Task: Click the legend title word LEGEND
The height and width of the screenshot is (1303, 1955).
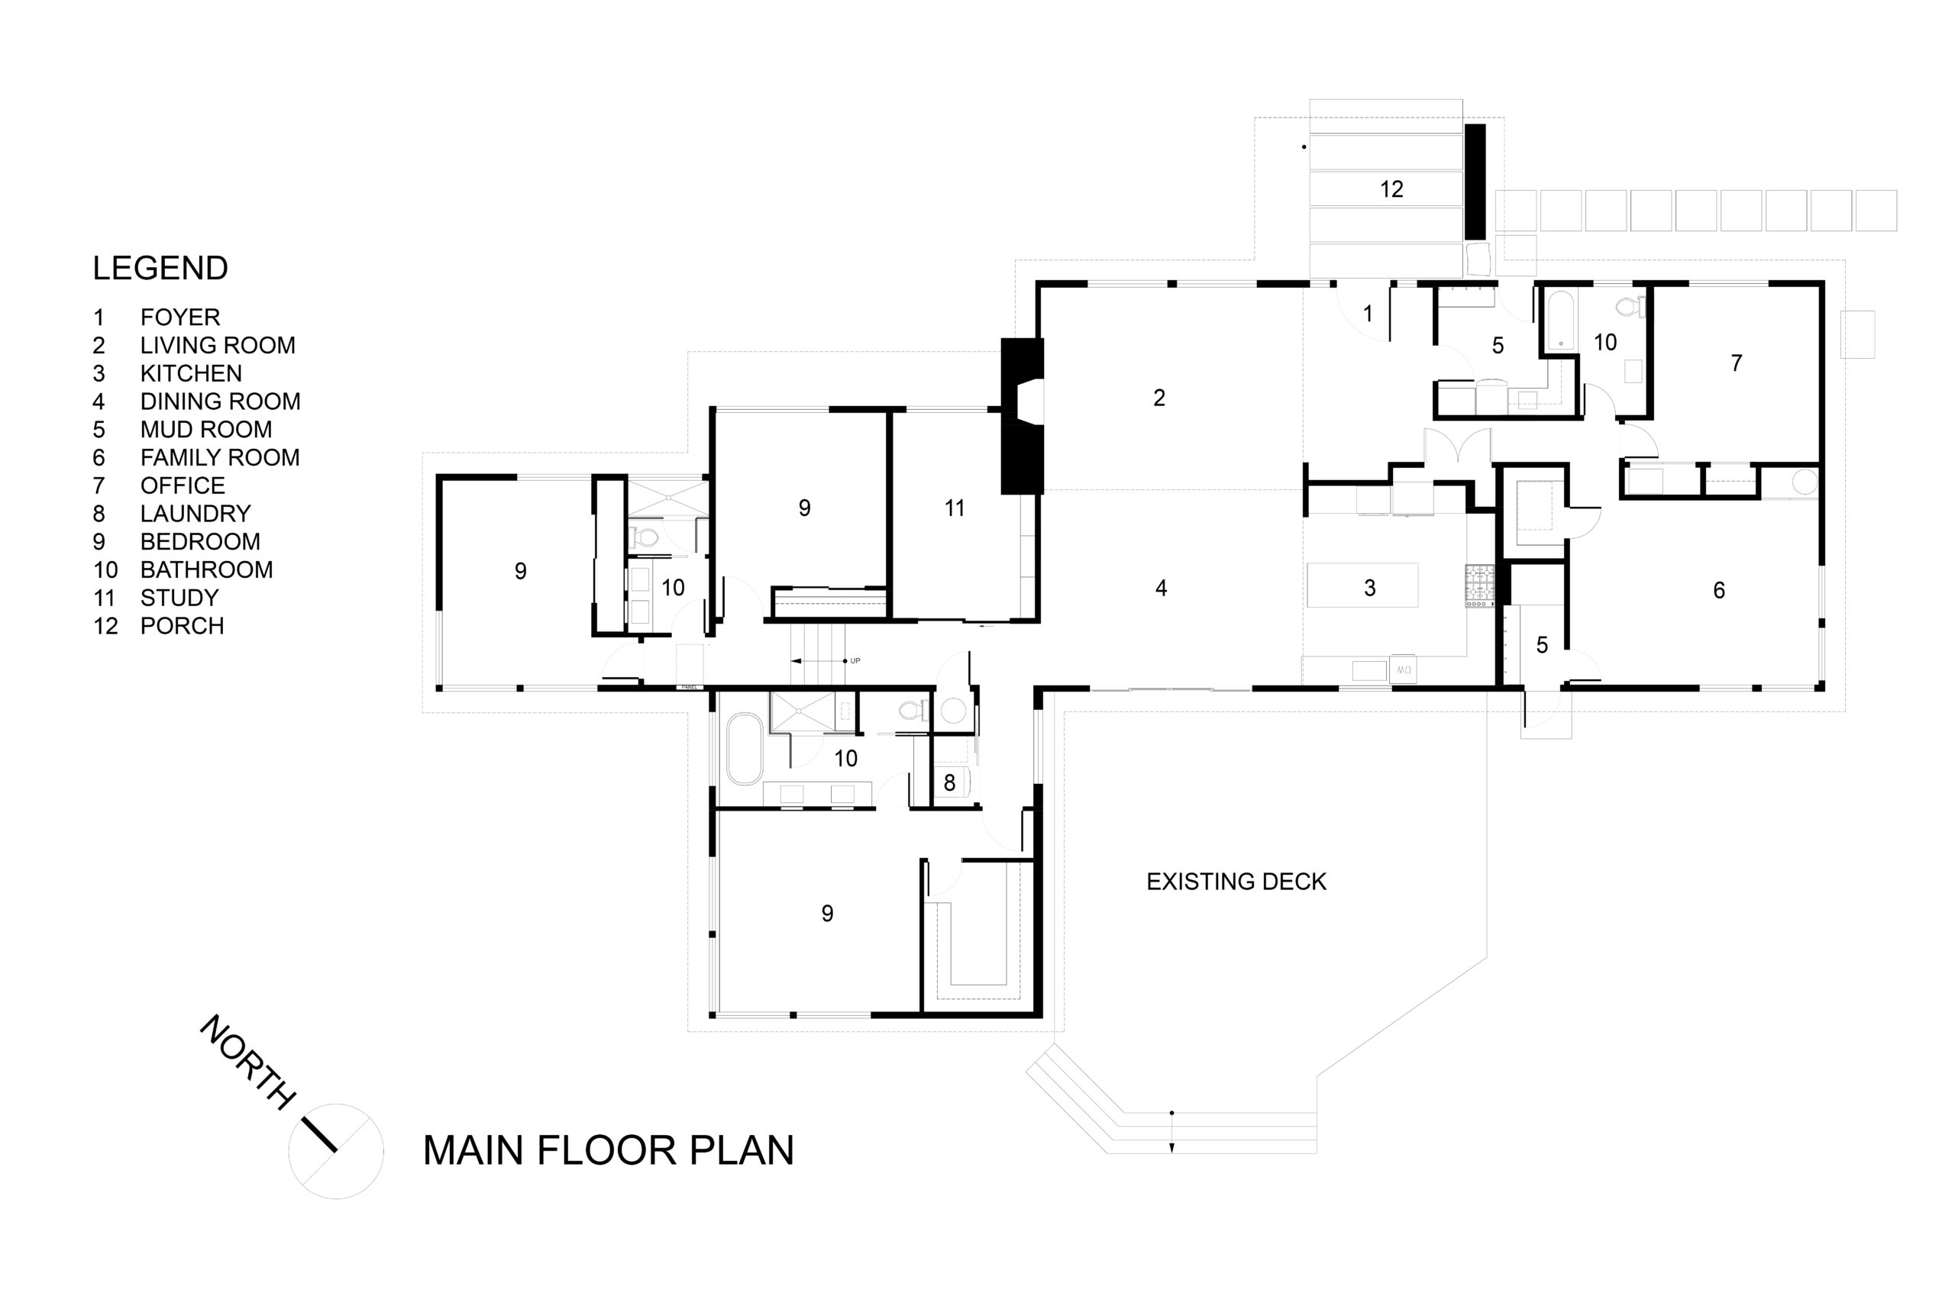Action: tap(160, 269)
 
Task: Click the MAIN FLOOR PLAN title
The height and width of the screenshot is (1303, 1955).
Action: tap(609, 1150)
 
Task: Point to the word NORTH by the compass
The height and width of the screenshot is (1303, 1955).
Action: tap(247, 1061)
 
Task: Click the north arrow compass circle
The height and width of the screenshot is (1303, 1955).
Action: tap(336, 1151)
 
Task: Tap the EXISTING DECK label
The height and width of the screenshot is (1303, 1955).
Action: tap(1236, 882)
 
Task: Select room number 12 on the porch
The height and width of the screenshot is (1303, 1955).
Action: tap(1391, 189)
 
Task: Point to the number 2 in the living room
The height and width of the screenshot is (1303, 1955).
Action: tap(1158, 398)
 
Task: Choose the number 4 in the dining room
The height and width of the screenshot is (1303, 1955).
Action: tap(1162, 589)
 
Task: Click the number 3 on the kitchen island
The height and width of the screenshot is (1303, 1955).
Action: tap(1370, 589)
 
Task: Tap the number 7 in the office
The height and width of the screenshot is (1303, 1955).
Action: tap(1737, 363)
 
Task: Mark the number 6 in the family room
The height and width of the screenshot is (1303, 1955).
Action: tap(1719, 590)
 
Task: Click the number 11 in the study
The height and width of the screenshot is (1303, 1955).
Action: tap(955, 508)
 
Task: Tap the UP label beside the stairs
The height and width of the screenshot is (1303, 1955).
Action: tap(855, 660)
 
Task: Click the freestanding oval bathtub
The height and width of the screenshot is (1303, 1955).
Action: tap(744, 748)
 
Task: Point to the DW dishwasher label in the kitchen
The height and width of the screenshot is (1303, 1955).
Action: tap(1404, 669)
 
